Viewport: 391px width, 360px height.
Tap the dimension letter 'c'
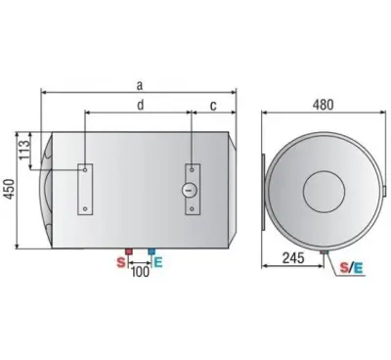pos(212,105)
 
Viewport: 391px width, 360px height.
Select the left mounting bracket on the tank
pos(87,189)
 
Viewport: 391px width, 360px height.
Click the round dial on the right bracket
pos(190,188)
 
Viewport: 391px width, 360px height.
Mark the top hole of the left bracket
pos(87,169)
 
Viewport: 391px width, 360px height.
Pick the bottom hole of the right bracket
pos(190,208)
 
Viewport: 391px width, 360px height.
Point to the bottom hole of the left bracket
pos(87,209)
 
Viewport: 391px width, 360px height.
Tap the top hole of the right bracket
pos(190,168)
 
